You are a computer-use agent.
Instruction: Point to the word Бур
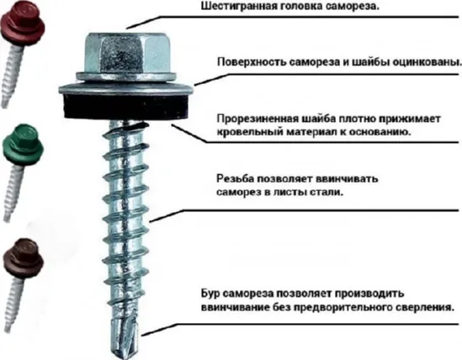pyautogui.click(x=212, y=293)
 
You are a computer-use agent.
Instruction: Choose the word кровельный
pyautogui.click(x=248, y=133)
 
